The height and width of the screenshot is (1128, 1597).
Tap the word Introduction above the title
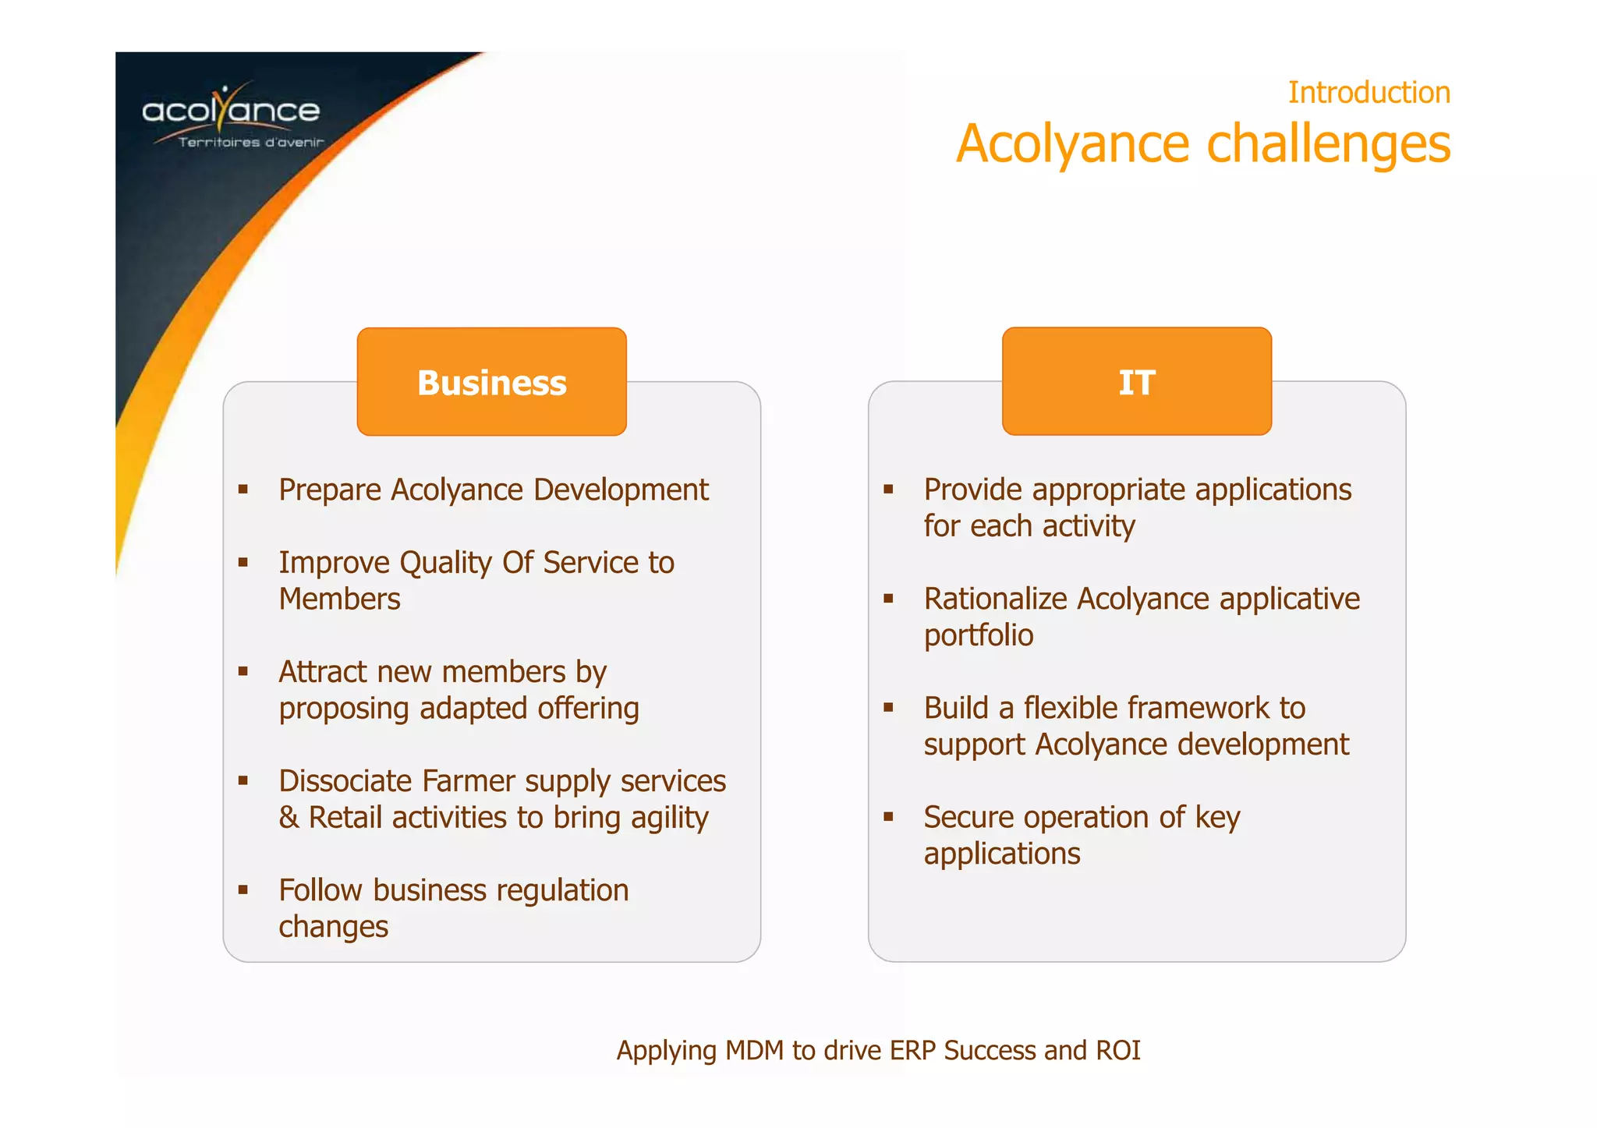[1369, 93]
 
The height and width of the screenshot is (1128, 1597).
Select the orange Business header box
[491, 382]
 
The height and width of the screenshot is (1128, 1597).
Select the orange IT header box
[1136, 382]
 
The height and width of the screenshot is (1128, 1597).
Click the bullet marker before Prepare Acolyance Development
[243, 490]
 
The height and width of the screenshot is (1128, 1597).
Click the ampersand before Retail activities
[289, 818]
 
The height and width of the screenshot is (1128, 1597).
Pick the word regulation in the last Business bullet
[562, 890]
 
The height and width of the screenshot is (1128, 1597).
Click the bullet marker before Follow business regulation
[243, 889]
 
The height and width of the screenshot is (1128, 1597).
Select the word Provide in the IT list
[972, 490]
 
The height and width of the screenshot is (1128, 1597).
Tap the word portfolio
[978, 636]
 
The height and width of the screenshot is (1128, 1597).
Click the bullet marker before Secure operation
[888, 817]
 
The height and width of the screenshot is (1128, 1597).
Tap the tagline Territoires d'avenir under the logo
[250, 142]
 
